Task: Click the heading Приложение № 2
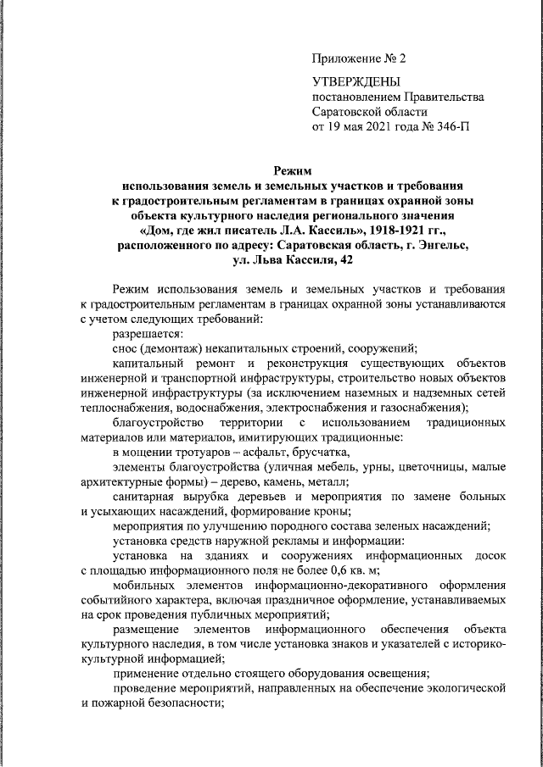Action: pos(360,58)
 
